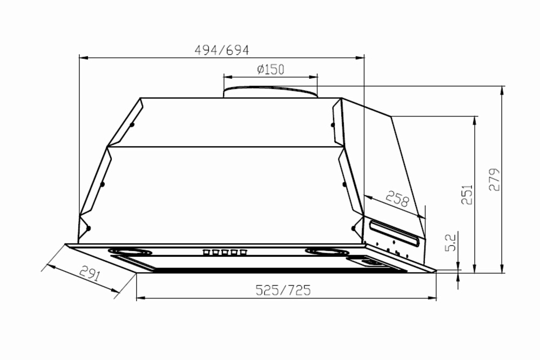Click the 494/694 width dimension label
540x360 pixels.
pos(221,50)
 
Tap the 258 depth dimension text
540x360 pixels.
pos(397,200)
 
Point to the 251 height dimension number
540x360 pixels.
pos(467,194)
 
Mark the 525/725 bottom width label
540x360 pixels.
pos(283,290)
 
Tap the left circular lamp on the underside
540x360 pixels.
pos(129,252)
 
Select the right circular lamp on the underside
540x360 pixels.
pos(327,252)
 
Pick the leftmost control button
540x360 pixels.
pos(206,252)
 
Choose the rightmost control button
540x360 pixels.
pos(244,252)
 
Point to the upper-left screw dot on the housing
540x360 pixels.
pos(132,125)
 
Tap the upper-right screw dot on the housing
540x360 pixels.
pos(333,125)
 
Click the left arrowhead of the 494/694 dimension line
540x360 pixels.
pos(83,56)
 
